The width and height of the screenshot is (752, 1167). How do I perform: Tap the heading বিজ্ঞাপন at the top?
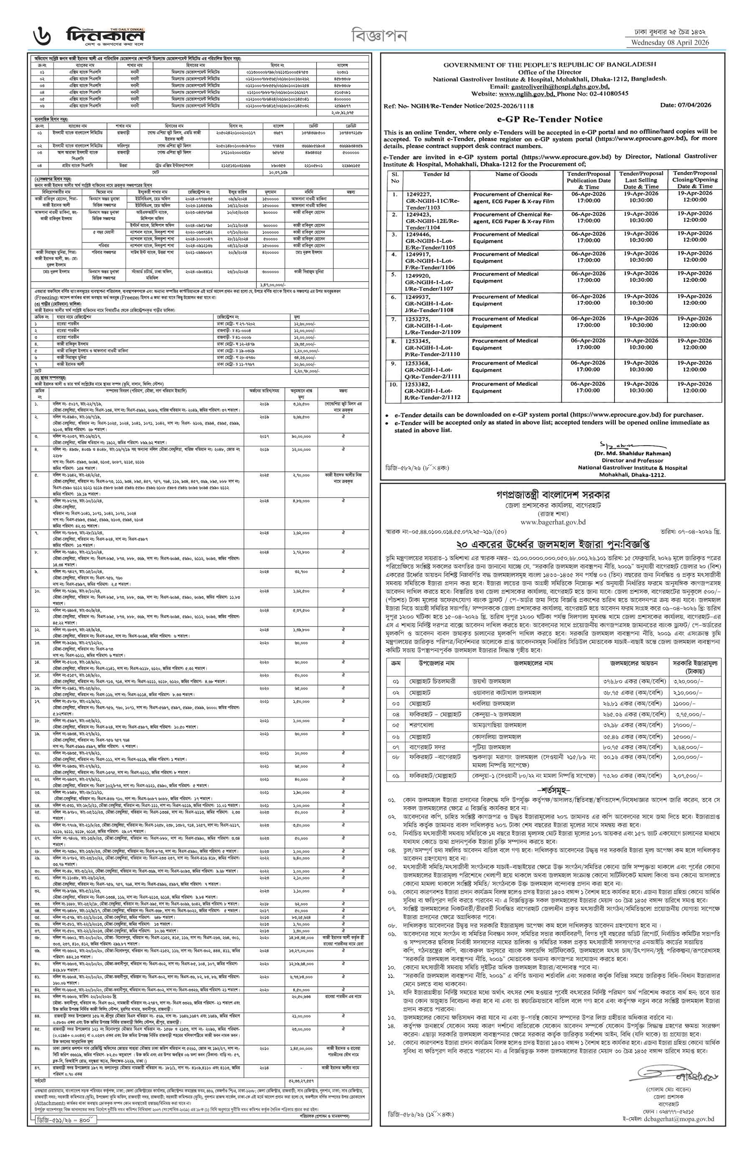(379, 35)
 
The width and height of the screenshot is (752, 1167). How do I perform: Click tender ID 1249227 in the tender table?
(418, 194)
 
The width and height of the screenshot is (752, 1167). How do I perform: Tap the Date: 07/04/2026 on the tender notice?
(686, 105)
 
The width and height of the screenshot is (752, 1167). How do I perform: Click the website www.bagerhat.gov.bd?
(553, 522)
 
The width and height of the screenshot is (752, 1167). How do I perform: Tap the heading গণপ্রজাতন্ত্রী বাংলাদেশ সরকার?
(553, 495)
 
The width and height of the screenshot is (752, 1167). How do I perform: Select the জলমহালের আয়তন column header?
(633, 664)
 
